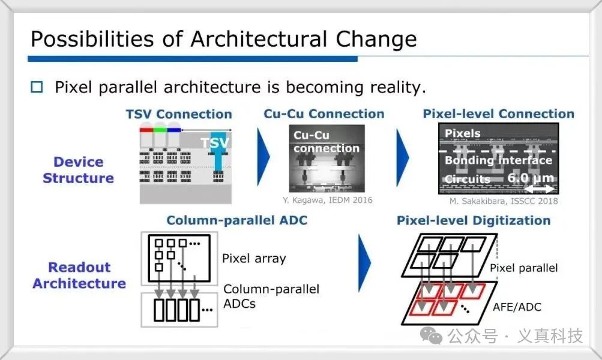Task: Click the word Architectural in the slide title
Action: (259, 39)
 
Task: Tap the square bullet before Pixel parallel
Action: (37, 87)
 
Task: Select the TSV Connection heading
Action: (179, 114)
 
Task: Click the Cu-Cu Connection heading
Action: (324, 113)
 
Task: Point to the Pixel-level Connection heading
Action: (499, 113)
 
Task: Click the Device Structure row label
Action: (78, 170)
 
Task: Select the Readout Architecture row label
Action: (79, 275)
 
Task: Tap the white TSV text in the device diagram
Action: (215, 143)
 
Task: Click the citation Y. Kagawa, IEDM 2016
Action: (328, 200)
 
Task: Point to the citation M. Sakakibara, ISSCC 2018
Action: (504, 201)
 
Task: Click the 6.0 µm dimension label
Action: (531, 178)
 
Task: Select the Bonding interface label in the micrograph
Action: (498, 160)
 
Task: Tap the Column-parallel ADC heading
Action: (237, 220)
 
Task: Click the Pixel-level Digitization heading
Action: (474, 221)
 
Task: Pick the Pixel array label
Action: (254, 258)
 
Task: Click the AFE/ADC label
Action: (517, 307)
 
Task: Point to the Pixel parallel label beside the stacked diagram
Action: (524, 268)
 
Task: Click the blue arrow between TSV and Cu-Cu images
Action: (263, 157)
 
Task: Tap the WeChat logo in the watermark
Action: (431, 335)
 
